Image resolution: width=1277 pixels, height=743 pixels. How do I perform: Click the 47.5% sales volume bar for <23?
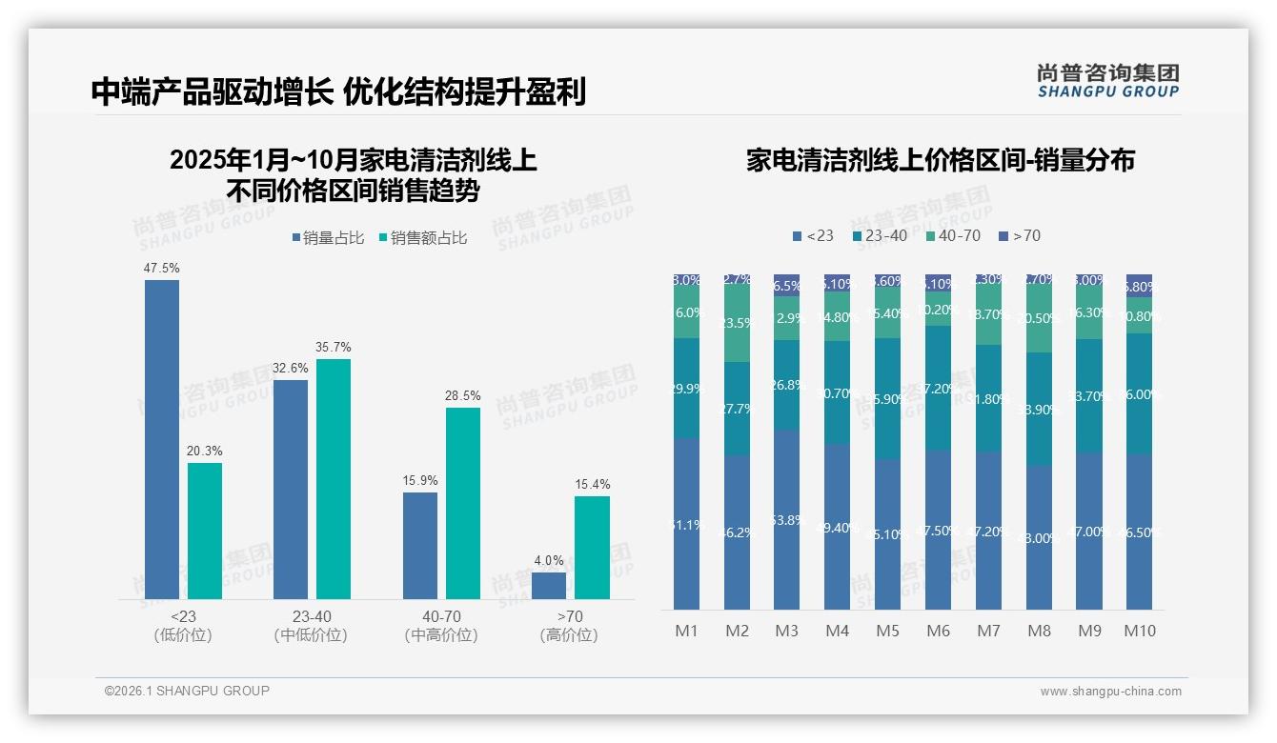(161, 439)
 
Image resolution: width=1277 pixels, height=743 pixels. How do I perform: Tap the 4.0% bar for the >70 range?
(549, 585)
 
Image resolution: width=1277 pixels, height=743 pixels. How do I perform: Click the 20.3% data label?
(205, 451)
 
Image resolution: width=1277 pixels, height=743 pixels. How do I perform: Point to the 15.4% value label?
(592, 484)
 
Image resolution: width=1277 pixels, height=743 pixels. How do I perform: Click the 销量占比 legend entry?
(329, 238)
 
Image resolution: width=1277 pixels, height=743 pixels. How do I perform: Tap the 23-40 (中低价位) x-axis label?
(311, 626)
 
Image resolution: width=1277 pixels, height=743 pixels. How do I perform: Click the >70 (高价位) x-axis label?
(569, 626)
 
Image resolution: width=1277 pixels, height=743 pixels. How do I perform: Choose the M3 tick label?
(786, 631)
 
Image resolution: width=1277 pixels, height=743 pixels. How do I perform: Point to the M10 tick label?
(1139, 631)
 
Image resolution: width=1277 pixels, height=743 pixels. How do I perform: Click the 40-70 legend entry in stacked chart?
(953, 235)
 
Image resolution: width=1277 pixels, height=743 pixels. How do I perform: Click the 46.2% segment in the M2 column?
(737, 532)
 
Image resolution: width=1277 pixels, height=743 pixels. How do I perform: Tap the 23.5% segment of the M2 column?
(737, 324)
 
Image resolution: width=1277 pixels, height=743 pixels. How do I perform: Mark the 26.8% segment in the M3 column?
(786, 385)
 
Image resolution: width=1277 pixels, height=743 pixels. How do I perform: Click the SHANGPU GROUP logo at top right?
(1108, 80)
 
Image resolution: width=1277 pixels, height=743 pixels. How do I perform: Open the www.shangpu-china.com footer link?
(1110, 692)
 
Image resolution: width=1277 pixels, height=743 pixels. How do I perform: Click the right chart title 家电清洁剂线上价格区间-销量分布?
(940, 160)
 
